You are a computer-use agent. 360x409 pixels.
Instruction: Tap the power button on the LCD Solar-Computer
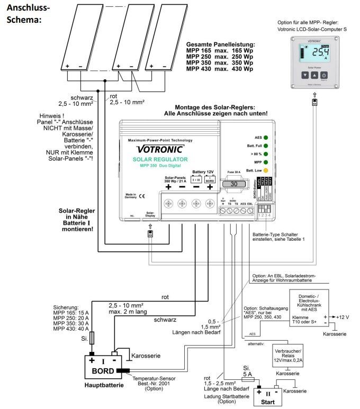[x=325, y=76]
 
